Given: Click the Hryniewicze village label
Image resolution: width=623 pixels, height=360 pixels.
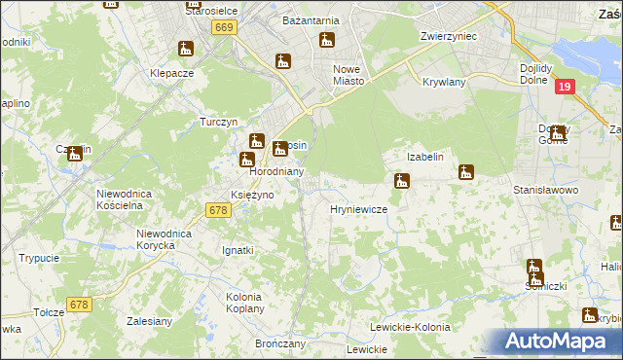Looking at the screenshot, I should pyautogui.click(x=359, y=209).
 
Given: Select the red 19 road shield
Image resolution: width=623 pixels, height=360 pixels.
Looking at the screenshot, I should pyautogui.click(x=565, y=88).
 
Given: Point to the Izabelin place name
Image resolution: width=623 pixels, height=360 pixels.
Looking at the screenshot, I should pyautogui.click(x=425, y=157).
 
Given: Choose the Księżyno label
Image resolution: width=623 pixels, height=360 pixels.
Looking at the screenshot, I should pyautogui.click(x=251, y=195).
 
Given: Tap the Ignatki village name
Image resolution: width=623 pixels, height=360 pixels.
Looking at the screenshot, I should pyautogui.click(x=237, y=250).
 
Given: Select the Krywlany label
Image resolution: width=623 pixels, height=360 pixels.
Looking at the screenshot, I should pyautogui.click(x=445, y=83).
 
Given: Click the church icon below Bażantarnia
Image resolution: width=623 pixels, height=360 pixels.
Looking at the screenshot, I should pyautogui.click(x=327, y=41).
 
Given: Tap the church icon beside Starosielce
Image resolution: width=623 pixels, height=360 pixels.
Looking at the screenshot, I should pyautogui.click(x=185, y=48).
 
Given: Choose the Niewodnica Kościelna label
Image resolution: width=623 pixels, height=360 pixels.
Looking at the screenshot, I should pyautogui.click(x=126, y=199).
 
